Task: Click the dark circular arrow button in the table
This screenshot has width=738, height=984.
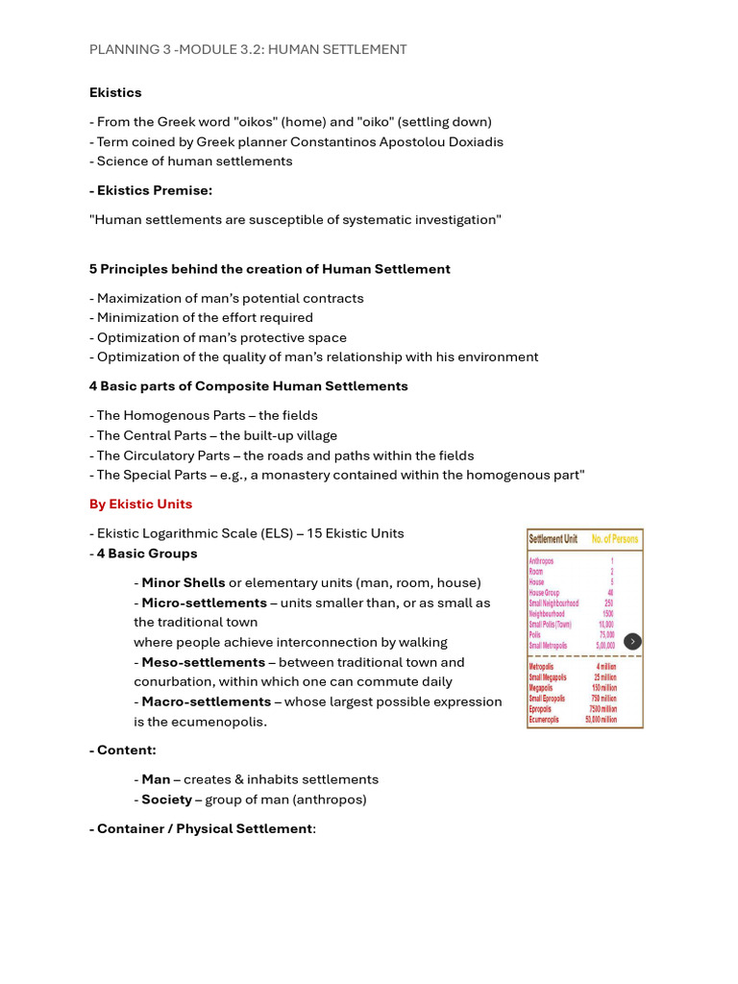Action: point(632,641)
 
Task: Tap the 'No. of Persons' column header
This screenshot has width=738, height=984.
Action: point(614,539)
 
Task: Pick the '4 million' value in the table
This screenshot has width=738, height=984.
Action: point(604,667)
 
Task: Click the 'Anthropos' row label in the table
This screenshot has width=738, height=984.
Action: point(542,560)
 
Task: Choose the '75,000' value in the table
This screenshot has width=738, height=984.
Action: point(606,634)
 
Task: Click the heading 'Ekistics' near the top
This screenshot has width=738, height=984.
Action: point(115,92)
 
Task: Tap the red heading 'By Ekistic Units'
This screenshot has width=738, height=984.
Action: point(140,504)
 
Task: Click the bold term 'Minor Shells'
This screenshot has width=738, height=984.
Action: point(184,582)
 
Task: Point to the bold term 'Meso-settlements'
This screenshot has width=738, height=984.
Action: point(204,662)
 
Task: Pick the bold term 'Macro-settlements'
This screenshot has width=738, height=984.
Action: point(207,701)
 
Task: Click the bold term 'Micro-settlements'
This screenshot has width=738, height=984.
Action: point(205,603)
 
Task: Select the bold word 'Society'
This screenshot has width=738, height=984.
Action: point(166,799)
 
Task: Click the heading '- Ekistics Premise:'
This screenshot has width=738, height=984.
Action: point(151,190)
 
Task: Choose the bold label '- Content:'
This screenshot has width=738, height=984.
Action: point(123,750)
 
